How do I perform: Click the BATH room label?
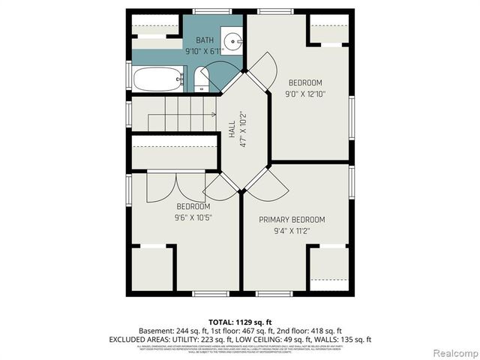205,40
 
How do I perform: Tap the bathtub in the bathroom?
158,78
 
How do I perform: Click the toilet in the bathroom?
201,79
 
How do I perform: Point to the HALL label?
232,130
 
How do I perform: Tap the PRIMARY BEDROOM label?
292,220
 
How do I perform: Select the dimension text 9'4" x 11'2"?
292,230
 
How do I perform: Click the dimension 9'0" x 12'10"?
305,94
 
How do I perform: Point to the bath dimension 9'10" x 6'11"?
205,50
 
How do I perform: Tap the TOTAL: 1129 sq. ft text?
240,320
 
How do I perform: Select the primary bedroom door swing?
264,185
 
